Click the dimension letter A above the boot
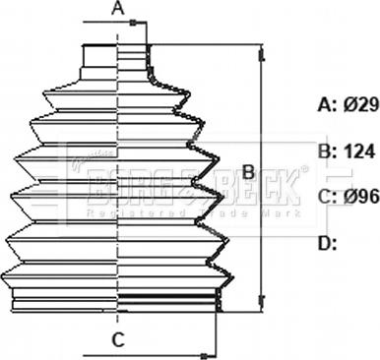117,11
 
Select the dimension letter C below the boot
117,341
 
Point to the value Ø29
360,103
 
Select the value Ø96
360,197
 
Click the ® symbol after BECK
303,170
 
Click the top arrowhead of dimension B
262,51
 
